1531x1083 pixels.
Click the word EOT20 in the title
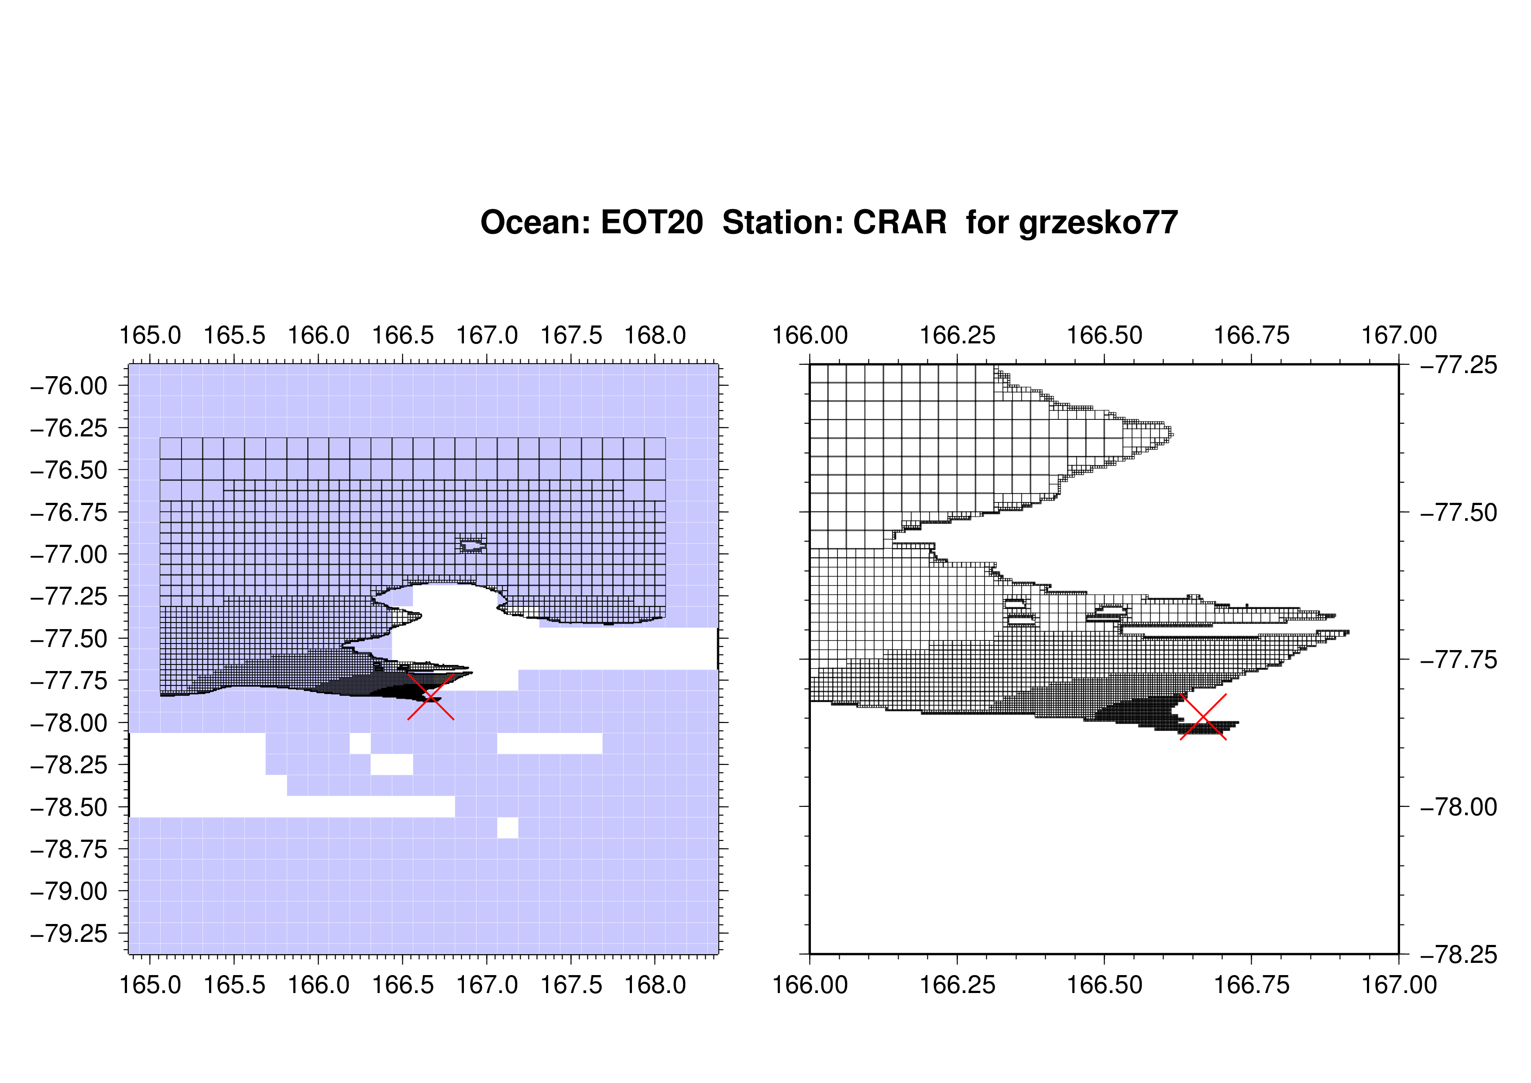[652, 222]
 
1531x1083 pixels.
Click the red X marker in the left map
[431, 697]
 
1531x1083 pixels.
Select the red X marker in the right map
[1203, 716]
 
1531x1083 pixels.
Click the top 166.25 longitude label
[958, 335]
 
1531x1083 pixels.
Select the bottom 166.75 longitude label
[1252, 985]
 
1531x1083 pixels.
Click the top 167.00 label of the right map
[1399, 335]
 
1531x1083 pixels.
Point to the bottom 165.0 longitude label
[150, 985]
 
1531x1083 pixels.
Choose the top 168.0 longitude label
[655, 335]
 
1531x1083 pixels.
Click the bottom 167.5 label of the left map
[571, 985]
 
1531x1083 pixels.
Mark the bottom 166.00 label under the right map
[810, 985]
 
